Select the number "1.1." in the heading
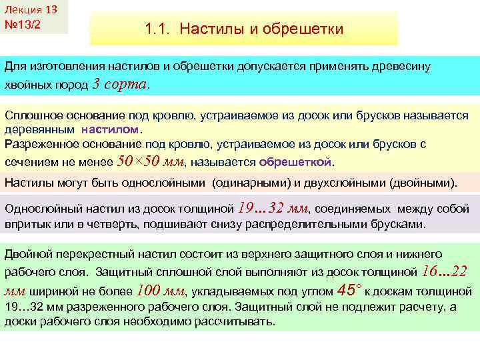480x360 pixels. pyautogui.click(x=159, y=29)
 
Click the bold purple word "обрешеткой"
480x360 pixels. pyautogui.click(x=295, y=161)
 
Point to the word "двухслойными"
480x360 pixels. pyautogui.click(x=356, y=182)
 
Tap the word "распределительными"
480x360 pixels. pyautogui.click(x=321, y=223)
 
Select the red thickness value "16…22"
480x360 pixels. pyautogui.click(x=445, y=271)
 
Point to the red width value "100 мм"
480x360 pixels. pyautogui.click(x=160, y=290)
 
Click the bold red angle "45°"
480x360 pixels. pyautogui.click(x=349, y=290)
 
